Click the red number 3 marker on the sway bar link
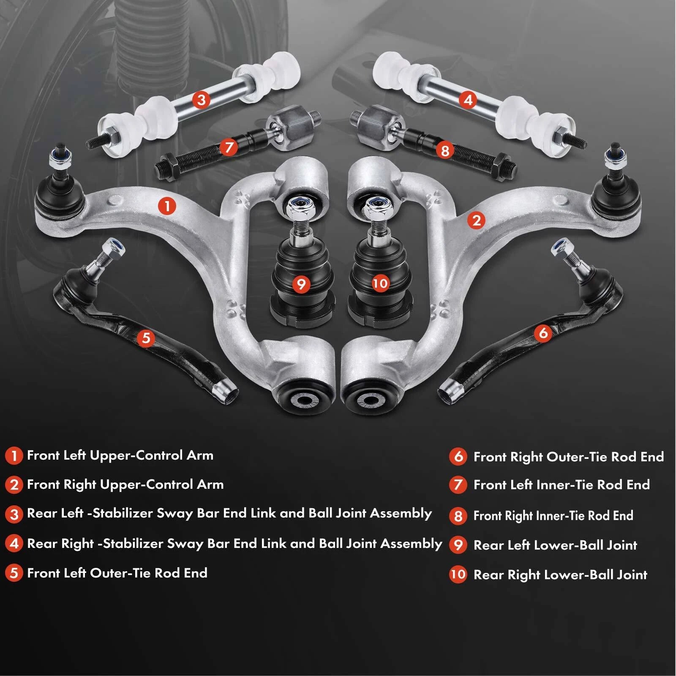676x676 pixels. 201,100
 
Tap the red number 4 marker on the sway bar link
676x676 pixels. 468,100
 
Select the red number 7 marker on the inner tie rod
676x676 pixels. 229,147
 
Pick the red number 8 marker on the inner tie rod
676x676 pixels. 444,150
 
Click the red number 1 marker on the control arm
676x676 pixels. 167,206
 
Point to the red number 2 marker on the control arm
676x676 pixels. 477,220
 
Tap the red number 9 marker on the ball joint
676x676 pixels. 301,284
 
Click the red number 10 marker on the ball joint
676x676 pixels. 380,283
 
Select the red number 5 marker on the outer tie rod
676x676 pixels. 146,338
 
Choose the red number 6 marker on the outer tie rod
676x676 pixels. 543,333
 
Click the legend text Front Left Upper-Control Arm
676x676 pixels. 120,455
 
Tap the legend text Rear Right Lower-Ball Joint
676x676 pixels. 560,575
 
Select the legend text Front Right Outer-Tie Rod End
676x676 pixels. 569,457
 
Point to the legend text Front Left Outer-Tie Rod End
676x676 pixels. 117,573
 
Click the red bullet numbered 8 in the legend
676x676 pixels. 458,516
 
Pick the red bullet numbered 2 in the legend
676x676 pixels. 14,485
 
